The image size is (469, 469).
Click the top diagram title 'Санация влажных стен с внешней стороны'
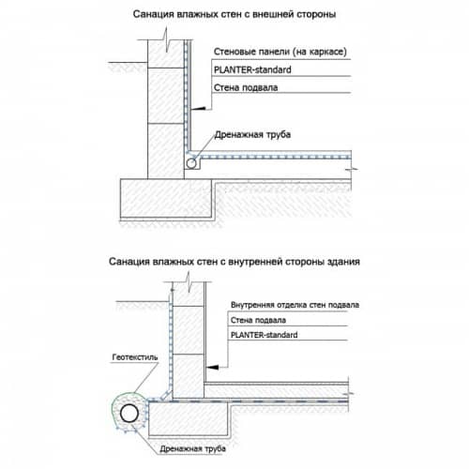234,14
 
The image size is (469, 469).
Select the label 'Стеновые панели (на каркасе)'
280,52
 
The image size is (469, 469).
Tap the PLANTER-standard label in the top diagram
252,69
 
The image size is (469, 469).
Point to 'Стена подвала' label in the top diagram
246,87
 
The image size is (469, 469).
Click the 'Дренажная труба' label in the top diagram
252,135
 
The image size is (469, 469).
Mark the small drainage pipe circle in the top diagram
191,163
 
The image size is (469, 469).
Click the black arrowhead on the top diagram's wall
199,109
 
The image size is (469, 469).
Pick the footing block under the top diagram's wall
166,199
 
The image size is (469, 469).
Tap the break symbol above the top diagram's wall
167,39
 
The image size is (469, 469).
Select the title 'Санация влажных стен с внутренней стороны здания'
234,262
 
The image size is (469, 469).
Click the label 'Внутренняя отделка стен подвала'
295,305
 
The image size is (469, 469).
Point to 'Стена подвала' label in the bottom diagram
258,320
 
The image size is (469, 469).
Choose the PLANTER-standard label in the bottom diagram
264,335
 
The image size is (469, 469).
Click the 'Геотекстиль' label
135,357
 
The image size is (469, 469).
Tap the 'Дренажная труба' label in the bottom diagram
192,449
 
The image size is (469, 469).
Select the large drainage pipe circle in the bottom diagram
129,414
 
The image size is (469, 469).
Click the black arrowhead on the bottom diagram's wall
213,367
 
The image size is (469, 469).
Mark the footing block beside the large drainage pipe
189,418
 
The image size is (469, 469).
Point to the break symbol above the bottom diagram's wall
189,281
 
